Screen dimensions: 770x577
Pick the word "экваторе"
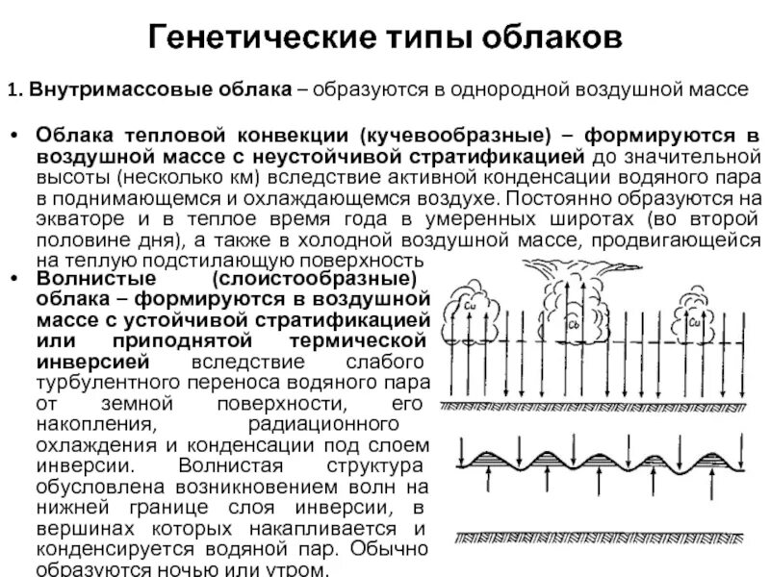coord(77,218)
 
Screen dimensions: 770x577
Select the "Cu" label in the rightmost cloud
coord(694,324)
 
